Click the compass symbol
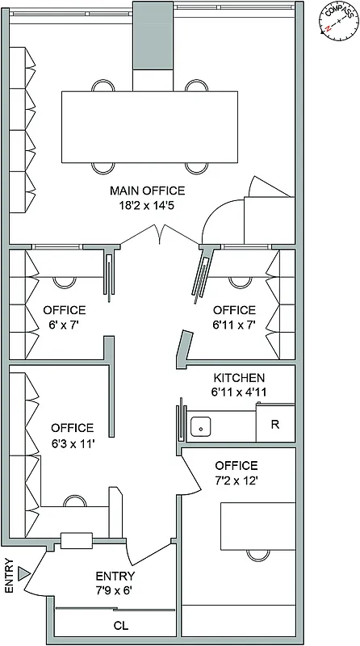tap(337, 21)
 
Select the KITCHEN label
tap(238, 378)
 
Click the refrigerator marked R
tap(275, 425)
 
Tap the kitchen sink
tap(200, 425)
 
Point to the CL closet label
tap(120, 625)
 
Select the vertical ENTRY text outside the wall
tap(9, 577)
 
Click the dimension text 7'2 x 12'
tap(237, 480)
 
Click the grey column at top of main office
tap(151, 36)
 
